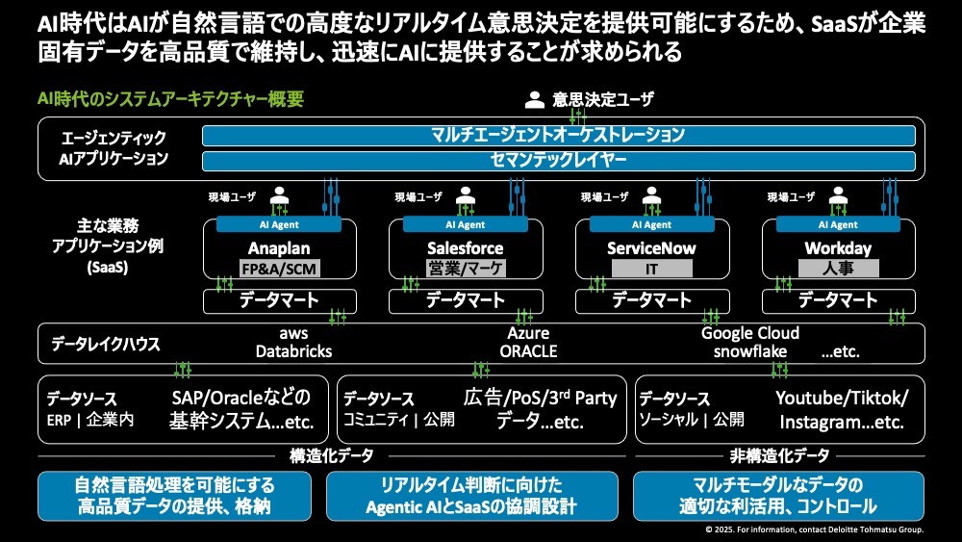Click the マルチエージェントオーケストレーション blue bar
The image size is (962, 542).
558,135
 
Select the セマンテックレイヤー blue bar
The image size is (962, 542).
558,160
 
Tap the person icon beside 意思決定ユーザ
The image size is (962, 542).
535,99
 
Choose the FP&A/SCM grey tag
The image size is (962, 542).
278,269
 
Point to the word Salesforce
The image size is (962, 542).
465,248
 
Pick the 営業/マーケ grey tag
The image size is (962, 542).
465,269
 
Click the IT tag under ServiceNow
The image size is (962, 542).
651,269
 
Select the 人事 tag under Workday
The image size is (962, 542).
838,269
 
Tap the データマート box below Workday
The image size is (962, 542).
838,300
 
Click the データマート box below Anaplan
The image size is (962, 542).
278,300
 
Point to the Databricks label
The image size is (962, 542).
293,351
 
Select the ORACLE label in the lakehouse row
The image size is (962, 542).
528,351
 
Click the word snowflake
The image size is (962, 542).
750,351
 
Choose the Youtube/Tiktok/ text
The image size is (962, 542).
842,399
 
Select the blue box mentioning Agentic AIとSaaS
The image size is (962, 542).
478,495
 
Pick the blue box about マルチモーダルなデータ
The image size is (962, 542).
779,495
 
